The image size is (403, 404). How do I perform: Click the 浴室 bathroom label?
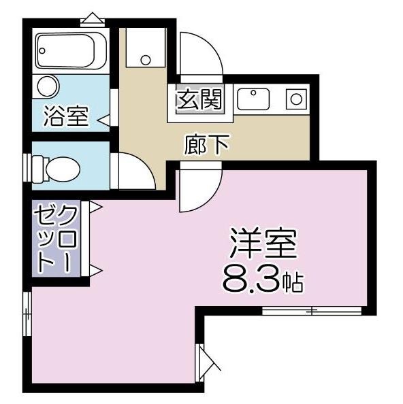click(65, 116)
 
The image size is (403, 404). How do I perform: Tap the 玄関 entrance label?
click(199, 100)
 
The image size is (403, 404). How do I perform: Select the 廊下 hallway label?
click(206, 145)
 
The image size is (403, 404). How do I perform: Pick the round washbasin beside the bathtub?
click(48, 86)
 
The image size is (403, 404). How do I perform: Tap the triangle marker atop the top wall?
click(91, 18)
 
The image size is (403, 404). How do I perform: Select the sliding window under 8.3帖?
click(311, 312)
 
